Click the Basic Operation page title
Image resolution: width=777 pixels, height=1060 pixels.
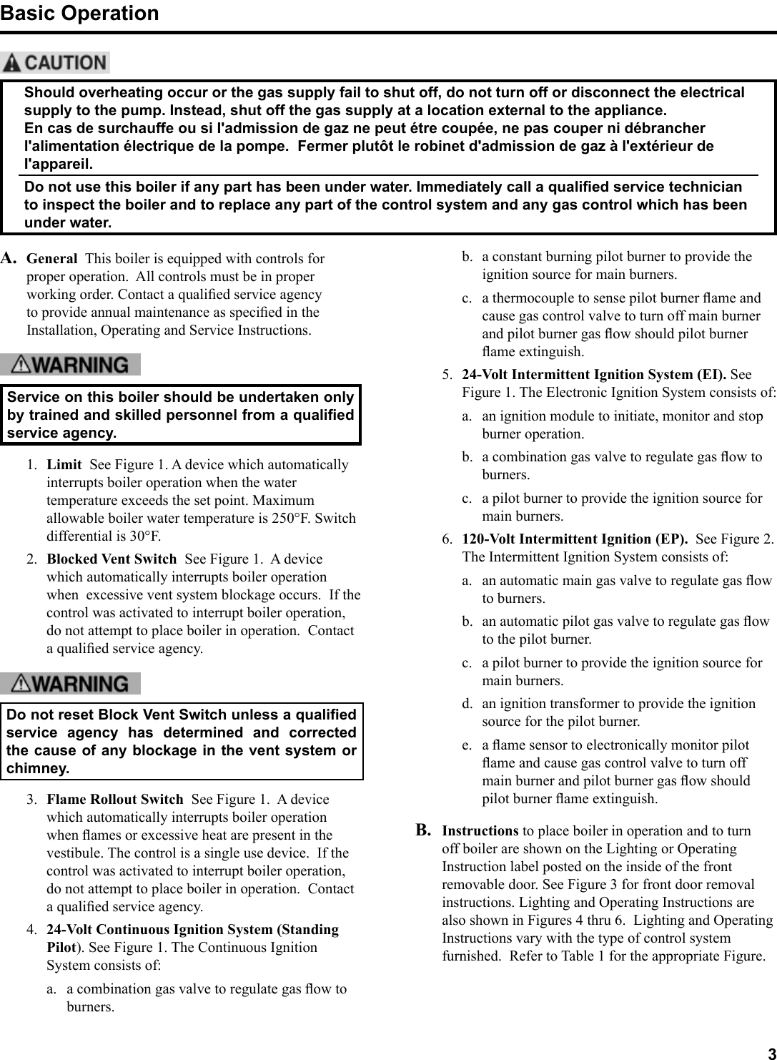(x=79, y=14)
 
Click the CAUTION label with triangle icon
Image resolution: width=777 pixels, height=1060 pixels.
(x=56, y=63)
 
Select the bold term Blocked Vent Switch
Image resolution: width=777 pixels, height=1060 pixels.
(x=112, y=559)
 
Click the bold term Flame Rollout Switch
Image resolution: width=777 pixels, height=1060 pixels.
(x=114, y=800)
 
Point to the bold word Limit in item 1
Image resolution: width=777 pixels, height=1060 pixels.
(x=64, y=465)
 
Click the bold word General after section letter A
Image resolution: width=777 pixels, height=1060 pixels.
(x=51, y=259)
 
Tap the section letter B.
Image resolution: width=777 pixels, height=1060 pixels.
(x=424, y=830)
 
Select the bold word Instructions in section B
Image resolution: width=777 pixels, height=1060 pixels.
(x=480, y=831)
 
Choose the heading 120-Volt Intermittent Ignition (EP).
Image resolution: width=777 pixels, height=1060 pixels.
(x=575, y=539)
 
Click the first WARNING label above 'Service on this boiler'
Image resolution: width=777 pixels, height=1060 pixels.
(x=70, y=365)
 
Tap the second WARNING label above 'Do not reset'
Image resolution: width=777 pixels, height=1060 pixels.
(x=70, y=684)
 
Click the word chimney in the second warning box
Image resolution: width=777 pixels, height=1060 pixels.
(x=37, y=769)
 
